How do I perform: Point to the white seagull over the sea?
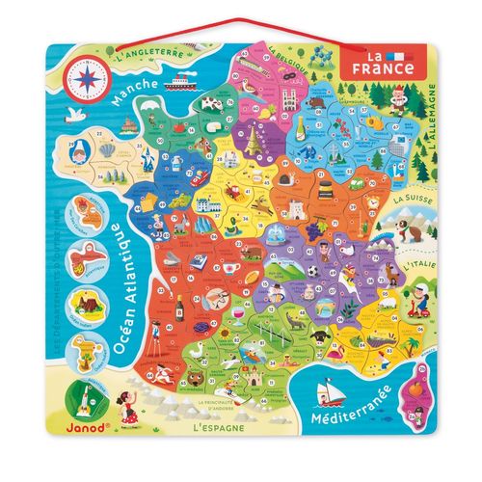tap(73, 114)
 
